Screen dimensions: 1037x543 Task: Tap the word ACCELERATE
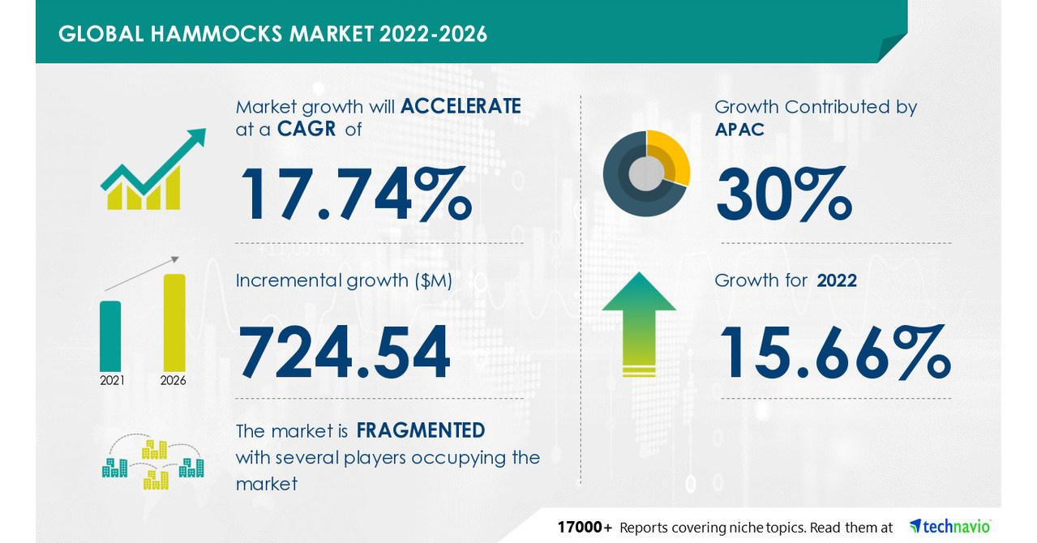(x=461, y=106)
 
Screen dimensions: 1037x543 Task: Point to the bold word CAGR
(x=306, y=129)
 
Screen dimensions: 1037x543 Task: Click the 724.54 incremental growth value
(x=344, y=352)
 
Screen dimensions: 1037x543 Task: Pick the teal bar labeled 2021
(x=110, y=336)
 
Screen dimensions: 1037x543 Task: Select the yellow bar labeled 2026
(x=174, y=323)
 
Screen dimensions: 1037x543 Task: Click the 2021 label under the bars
(x=112, y=381)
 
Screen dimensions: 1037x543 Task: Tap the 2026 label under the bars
(x=174, y=381)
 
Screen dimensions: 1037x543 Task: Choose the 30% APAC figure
(x=784, y=194)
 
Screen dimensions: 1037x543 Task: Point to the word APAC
(x=739, y=130)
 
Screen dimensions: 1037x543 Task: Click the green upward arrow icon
(x=639, y=324)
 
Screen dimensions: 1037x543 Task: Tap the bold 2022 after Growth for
(x=837, y=280)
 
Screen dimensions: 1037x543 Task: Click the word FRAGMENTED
(x=420, y=430)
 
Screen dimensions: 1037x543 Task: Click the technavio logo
(x=950, y=527)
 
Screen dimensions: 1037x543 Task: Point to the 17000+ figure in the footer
(x=585, y=528)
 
